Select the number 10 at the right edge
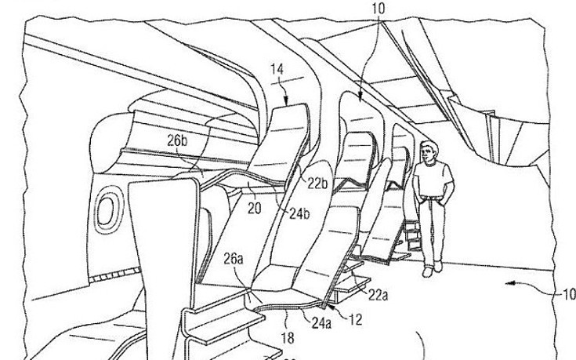pos(566,295)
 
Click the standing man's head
pos(427,151)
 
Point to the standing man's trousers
pos(432,231)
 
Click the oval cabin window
pos(104,209)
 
